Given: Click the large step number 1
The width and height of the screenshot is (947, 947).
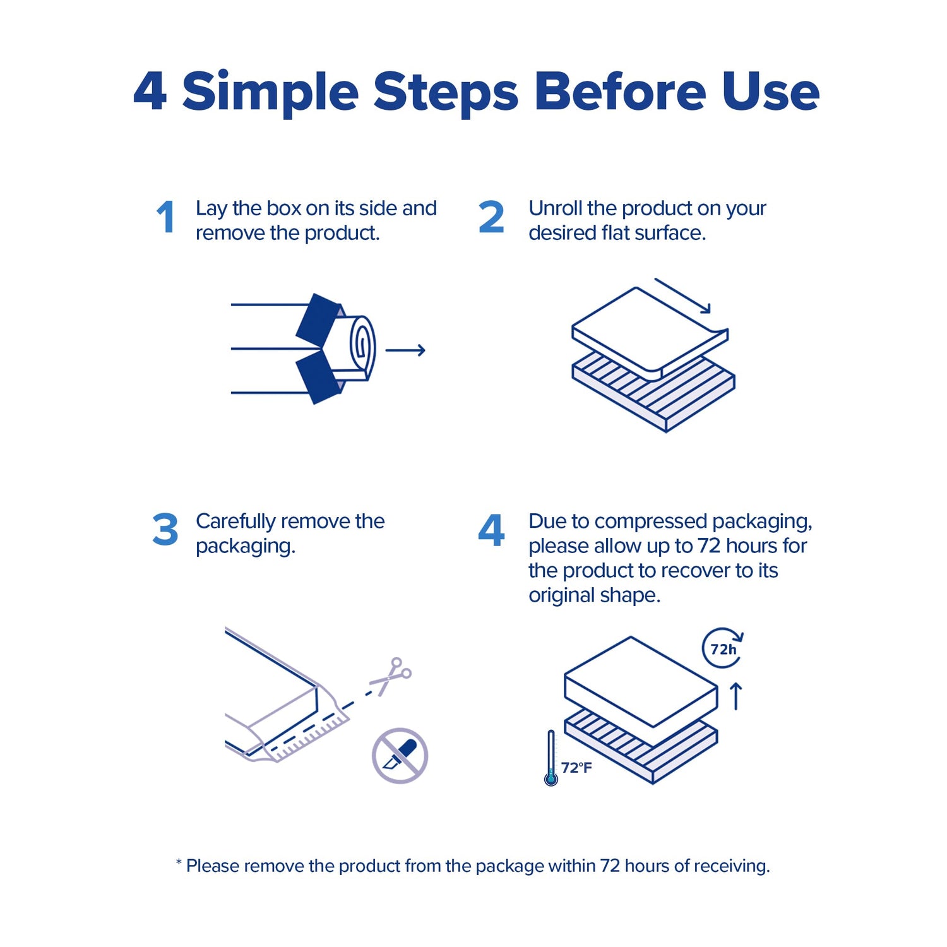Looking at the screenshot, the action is [x=166, y=217].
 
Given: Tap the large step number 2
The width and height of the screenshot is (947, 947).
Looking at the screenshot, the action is [x=491, y=217].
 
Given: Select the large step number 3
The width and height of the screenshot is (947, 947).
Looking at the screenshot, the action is [x=165, y=529].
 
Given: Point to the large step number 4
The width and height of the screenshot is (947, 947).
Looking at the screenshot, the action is [x=491, y=529].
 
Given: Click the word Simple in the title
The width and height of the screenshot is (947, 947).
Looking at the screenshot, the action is [x=271, y=92].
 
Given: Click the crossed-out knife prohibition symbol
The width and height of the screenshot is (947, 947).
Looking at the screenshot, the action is [x=400, y=756].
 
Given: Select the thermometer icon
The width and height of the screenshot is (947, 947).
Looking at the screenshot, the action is [x=551, y=758].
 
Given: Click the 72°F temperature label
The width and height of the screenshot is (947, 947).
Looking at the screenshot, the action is [x=576, y=768].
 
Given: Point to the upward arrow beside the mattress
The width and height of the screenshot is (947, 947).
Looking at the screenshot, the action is [x=736, y=696].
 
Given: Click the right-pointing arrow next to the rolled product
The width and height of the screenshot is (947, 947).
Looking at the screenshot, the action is [x=405, y=350].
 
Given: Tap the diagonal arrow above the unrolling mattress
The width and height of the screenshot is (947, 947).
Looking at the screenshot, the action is [x=682, y=295].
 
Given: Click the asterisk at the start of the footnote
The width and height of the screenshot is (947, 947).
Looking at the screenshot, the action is [x=179, y=862].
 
